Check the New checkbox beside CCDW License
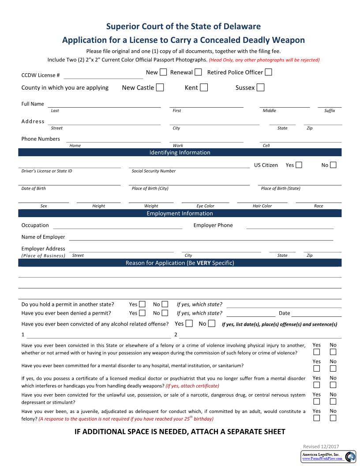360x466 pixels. (163, 72)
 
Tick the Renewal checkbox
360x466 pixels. (198, 72)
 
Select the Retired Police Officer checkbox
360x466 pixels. (268, 72)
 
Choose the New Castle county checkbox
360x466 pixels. (160, 87)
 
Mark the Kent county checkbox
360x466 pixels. (204, 87)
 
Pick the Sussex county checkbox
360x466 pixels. (260, 87)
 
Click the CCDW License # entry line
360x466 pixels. (103, 75)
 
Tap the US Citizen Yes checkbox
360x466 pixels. (299, 165)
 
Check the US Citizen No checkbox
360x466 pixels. (333, 165)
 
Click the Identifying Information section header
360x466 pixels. (180, 153)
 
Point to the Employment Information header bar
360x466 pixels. (180, 214)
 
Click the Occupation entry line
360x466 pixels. (117, 226)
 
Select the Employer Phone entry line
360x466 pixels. (289, 226)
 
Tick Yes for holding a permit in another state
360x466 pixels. (142, 304)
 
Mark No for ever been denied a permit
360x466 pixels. (165, 313)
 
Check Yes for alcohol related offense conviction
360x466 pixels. (189, 324)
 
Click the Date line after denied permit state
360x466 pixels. (316, 314)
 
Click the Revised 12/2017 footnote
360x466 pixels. (321, 446)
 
